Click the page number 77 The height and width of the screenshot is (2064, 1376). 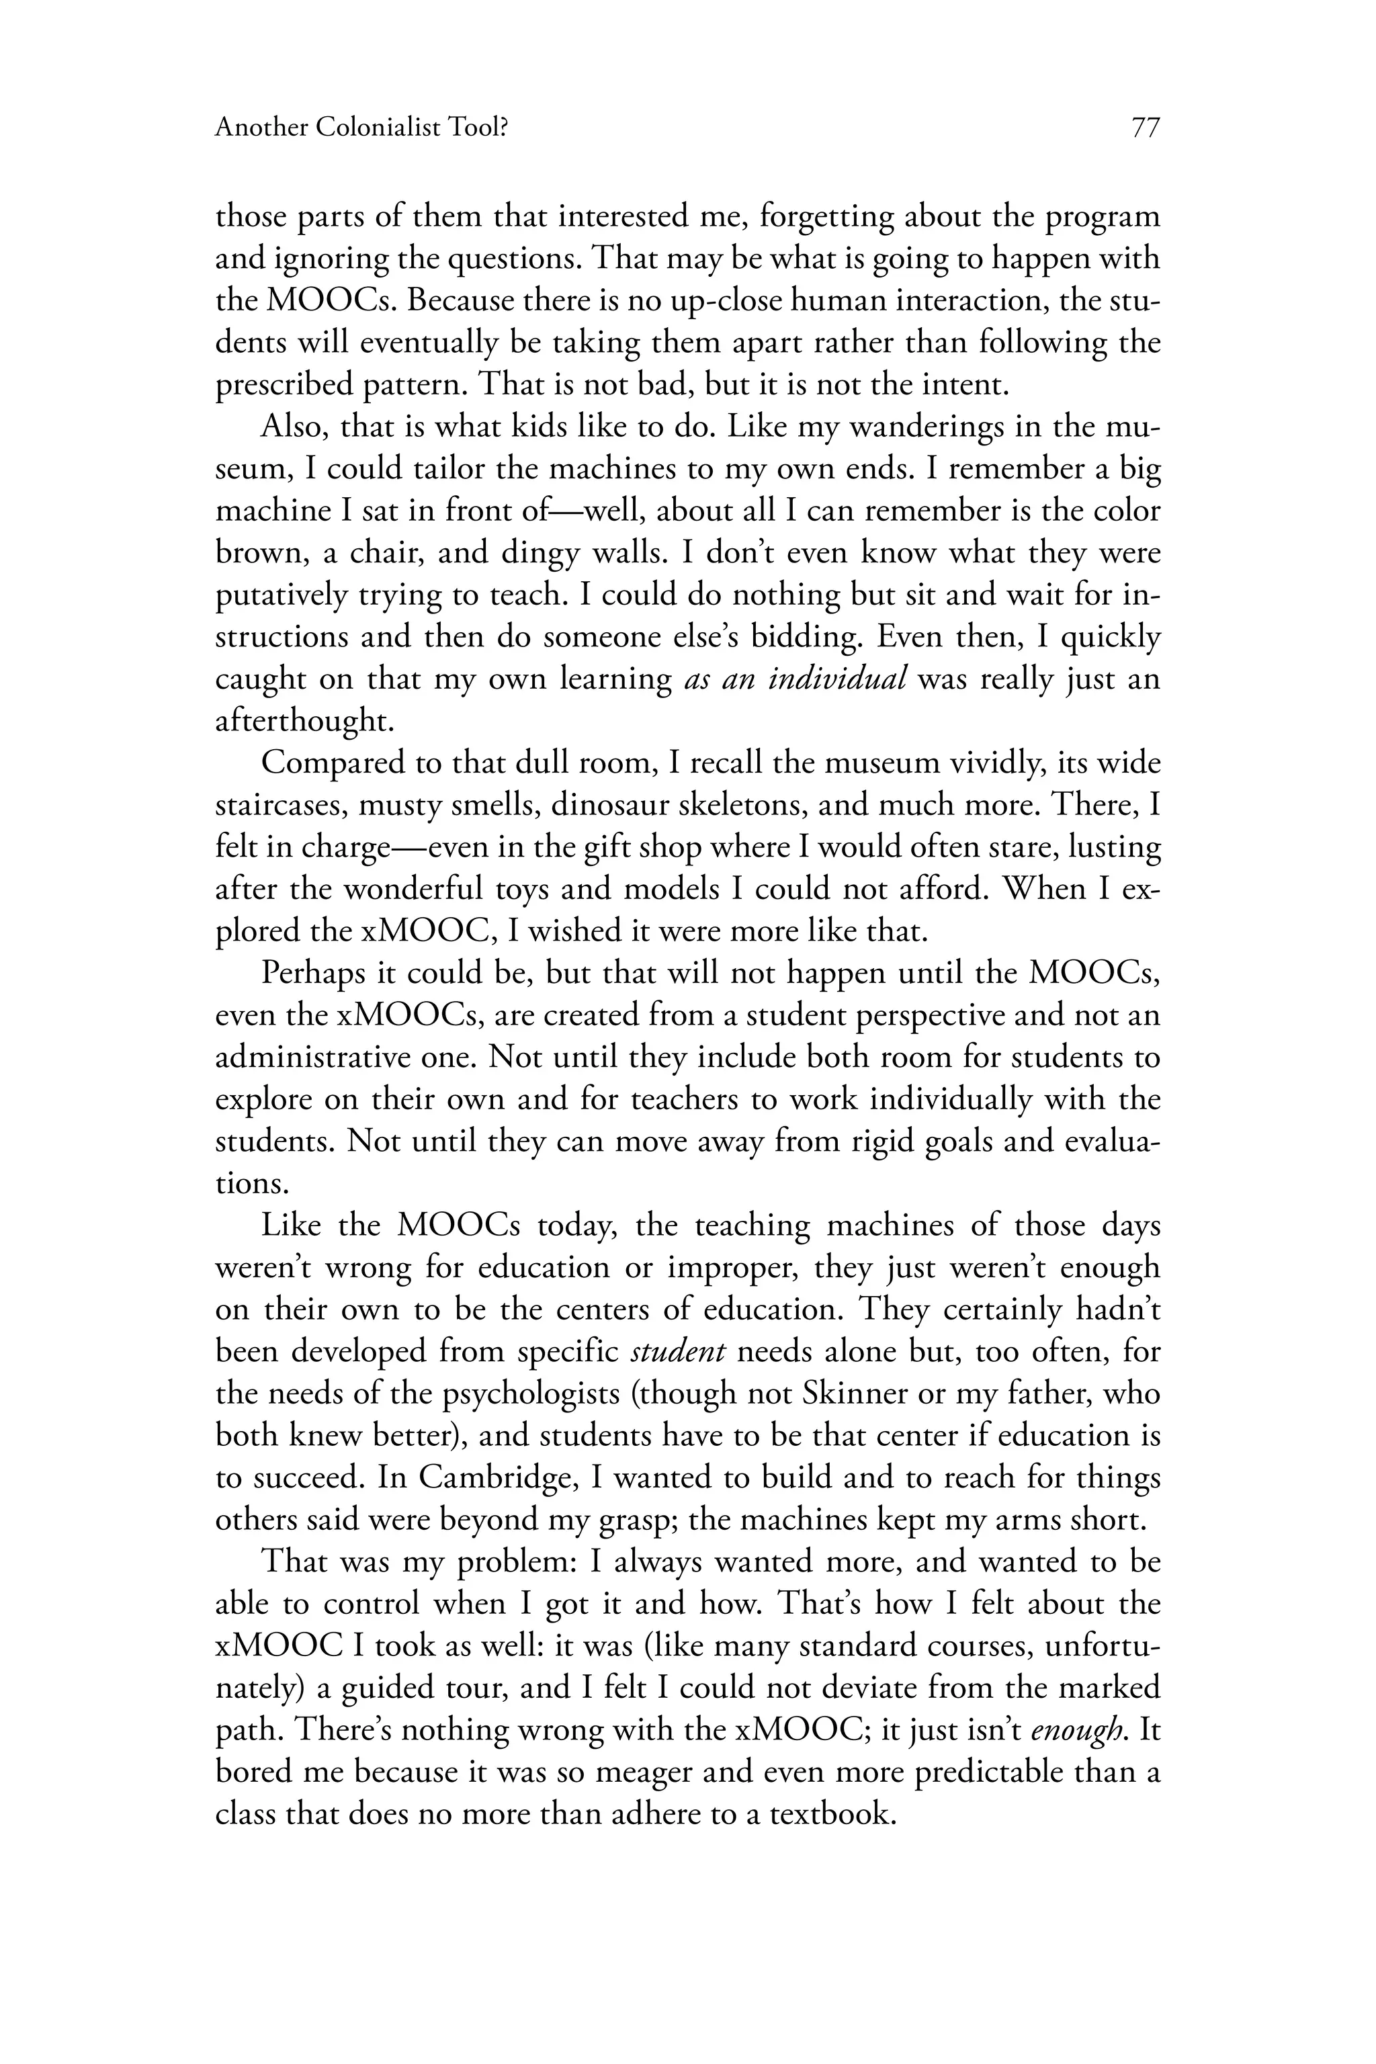click(1144, 128)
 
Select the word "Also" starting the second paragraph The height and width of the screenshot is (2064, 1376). click(292, 427)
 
